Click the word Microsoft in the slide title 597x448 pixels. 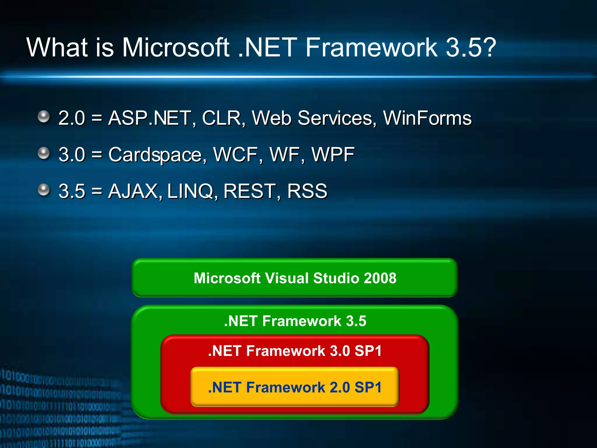[175, 47]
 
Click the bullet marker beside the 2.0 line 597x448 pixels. [44, 117]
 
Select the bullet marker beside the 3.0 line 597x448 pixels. [44, 153]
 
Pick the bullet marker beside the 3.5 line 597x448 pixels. [44, 190]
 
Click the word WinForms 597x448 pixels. [427, 118]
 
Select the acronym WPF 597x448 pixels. [333, 155]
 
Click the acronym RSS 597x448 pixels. [307, 191]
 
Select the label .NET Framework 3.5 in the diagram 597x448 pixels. [295, 321]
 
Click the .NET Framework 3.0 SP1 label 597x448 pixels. [295, 351]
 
